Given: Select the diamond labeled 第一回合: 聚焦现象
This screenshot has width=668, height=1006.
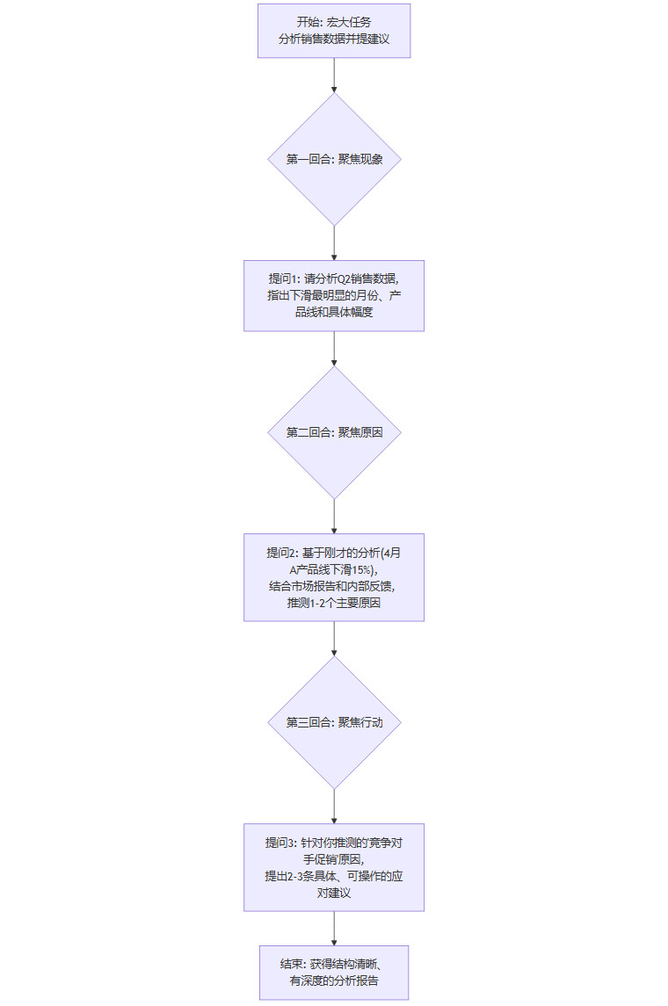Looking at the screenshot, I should point(334,159).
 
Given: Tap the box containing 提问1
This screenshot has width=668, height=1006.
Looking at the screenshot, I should point(334,295).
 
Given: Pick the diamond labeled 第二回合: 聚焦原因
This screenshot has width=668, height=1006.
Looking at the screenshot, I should point(334,432).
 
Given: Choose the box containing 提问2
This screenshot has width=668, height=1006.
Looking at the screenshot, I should point(334,577).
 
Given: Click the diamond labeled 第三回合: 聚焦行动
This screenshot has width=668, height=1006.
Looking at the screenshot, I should point(334,722).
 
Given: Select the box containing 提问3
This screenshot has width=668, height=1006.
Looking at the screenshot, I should point(334,867).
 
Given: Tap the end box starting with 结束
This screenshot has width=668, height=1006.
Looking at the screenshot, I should point(334,973).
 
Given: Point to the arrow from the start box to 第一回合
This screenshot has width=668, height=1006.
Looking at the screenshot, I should point(334,76).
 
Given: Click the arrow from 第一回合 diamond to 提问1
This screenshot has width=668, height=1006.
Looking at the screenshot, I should point(334,242).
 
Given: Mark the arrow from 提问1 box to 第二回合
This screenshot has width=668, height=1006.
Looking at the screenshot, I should point(334,348).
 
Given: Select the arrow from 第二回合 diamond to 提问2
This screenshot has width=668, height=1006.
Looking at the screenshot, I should point(334,516).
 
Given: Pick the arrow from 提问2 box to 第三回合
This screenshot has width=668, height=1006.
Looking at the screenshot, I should point(334,639).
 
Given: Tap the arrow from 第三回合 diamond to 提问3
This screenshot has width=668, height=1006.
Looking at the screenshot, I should point(334,806).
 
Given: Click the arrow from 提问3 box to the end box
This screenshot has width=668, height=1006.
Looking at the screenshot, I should point(334,928).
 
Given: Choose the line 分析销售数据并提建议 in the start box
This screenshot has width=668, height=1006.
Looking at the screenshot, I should point(334,40).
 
